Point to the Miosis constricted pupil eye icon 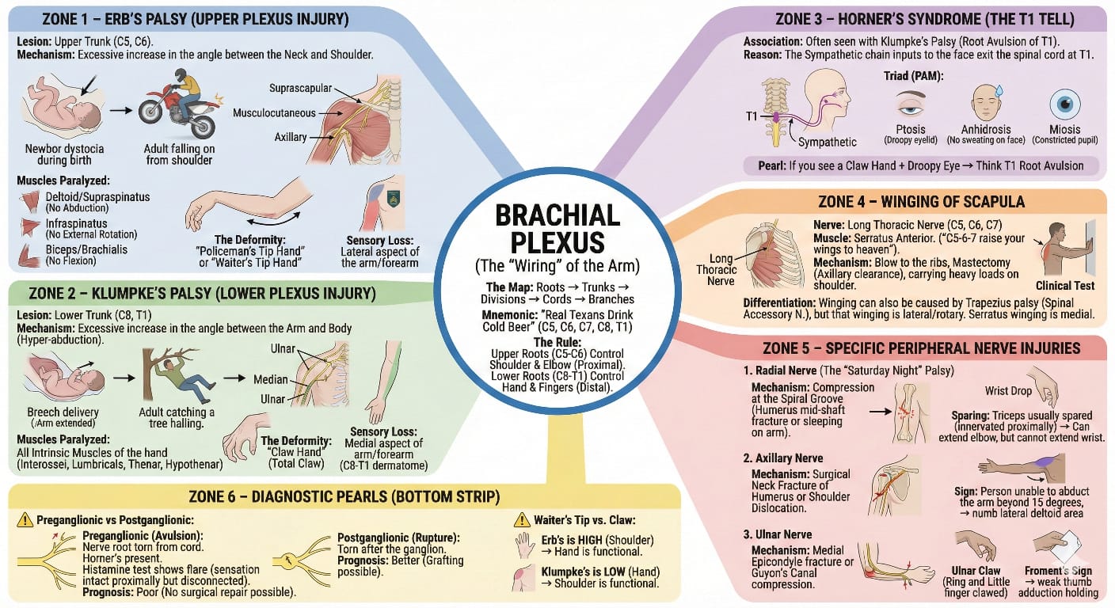[x=1064, y=104]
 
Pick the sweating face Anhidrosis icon [x=987, y=102]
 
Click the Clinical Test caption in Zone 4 [x=1064, y=286]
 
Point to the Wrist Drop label [x=1008, y=390]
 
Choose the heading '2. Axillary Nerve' [x=783, y=458]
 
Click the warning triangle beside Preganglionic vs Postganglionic [x=25, y=520]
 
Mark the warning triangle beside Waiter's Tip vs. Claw [x=521, y=520]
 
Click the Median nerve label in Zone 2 [x=270, y=379]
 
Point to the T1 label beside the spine [x=752, y=116]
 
